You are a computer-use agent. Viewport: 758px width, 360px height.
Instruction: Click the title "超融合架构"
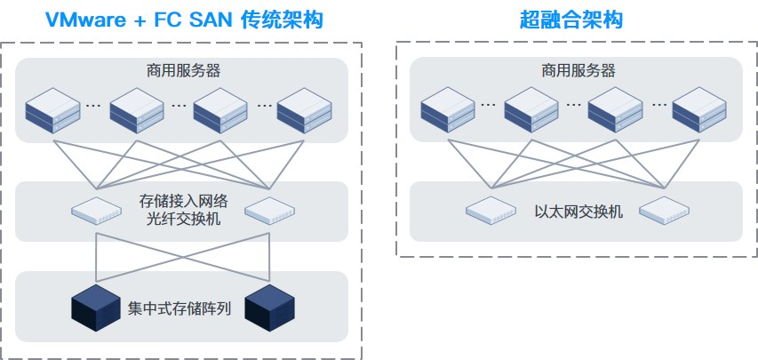coord(566,20)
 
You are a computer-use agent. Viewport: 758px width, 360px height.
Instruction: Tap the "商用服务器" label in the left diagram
coord(182,71)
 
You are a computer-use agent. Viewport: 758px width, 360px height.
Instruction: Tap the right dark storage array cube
coord(269,305)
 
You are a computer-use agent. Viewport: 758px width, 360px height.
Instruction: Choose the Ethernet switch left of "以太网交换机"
coord(491,211)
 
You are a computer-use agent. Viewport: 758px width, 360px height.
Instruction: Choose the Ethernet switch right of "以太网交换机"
coord(663,211)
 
